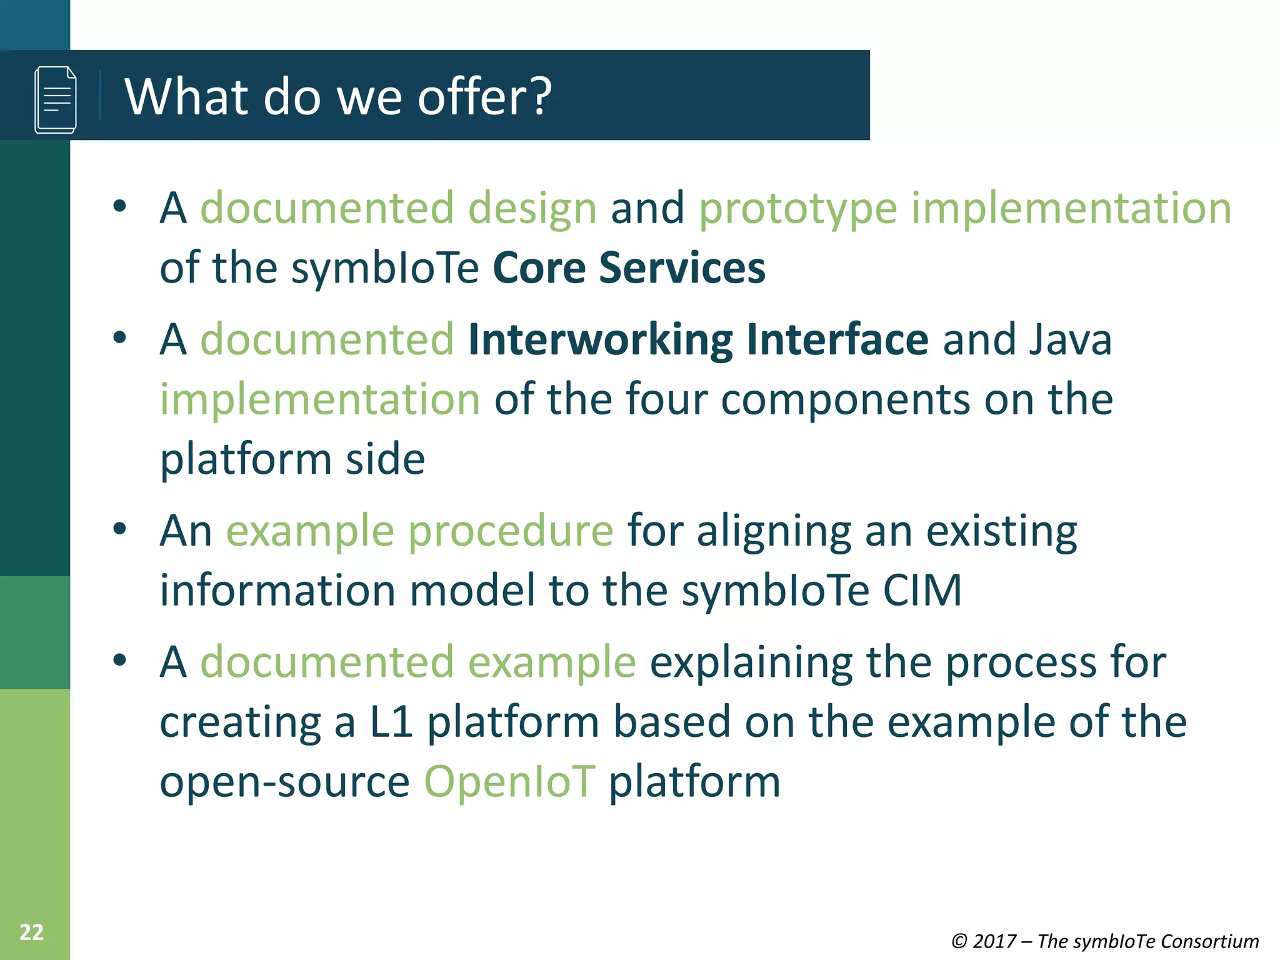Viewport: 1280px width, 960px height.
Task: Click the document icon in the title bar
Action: [x=56, y=99]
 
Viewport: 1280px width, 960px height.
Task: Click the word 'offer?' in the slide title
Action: [x=484, y=97]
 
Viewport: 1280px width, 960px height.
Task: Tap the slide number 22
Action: [x=31, y=932]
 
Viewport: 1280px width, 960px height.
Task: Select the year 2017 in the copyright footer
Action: [x=994, y=941]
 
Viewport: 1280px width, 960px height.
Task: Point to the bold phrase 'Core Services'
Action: [x=629, y=267]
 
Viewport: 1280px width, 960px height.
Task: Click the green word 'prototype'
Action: [x=797, y=208]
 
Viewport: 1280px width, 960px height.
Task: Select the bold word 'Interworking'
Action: [x=600, y=339]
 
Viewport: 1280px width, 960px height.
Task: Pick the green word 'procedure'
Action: [x=511, y=531]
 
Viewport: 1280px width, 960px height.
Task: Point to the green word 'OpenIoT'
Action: [x=509, y=781]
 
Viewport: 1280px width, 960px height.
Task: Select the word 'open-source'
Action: [x=284, y=782]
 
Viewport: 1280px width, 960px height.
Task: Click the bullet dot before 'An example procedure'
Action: [x=120, y=529]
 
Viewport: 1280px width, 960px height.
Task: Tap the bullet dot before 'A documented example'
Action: [x=120, y=660]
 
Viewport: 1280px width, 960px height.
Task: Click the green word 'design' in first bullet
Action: [x=532, y=208]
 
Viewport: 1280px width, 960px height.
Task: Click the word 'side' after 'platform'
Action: [x=386, y=459]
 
